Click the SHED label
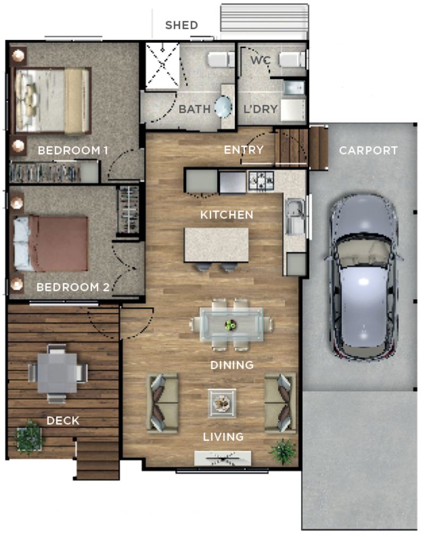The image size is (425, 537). coord(182,25)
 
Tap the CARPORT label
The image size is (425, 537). coord(368,150)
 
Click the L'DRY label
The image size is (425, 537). coord(261,110)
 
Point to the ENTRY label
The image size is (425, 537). coord(244,150)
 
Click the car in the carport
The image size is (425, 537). coord(363,276)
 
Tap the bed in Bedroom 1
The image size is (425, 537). coord(52,100)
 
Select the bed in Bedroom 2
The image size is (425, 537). coord(50,244)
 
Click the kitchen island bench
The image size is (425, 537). coord(217,245)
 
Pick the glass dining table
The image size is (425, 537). coord(231,324)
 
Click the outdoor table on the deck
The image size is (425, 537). coord(57,372)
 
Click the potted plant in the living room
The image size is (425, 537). coord(283,451)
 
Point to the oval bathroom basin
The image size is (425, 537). coord(223,108)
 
